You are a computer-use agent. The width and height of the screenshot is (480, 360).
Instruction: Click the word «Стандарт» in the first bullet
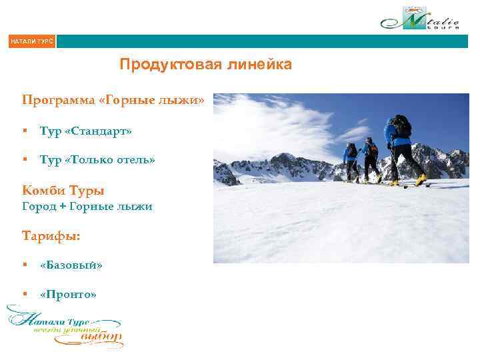pos(98,131)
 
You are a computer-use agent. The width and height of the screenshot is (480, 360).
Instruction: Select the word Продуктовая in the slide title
pos(158,65)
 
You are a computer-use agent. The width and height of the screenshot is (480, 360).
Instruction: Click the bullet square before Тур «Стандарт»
pos(25,131)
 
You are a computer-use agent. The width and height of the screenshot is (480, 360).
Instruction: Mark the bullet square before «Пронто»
pos(25,294)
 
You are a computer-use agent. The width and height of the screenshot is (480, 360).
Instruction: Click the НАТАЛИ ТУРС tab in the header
pos(31,42)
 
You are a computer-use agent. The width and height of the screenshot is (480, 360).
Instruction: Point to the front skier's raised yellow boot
pos(420,179)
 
